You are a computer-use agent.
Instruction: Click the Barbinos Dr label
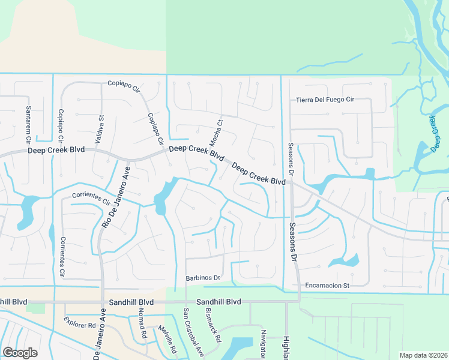click(x=203, y=278)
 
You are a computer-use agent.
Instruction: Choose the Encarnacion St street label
click(x=327, y=286)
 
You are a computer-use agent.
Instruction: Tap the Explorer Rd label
click(x=80, y=325)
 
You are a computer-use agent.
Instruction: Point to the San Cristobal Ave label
click(x=194, y=333)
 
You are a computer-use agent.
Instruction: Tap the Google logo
click(x=20, y=353)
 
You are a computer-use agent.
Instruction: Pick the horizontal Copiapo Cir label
click(x=123, y=83)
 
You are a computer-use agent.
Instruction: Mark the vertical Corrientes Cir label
click(x=62, y=257)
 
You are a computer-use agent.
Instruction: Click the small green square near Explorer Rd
click(x=37, y=308)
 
